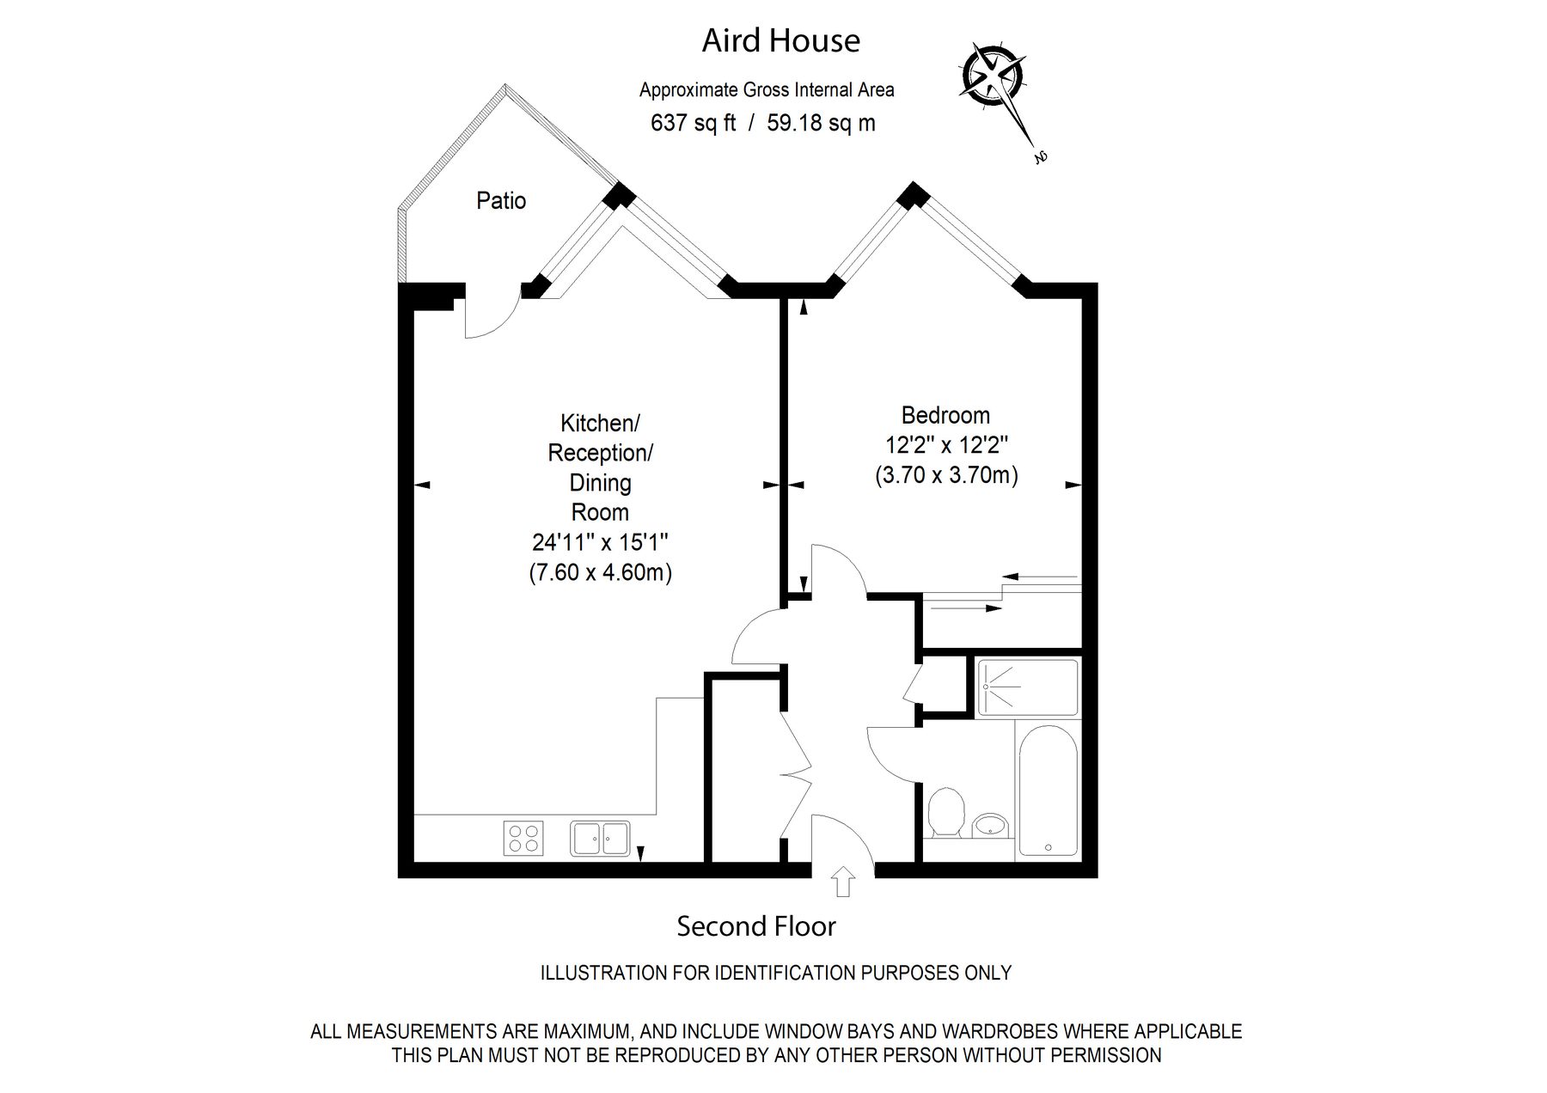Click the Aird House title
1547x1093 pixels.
(x=780, y=40)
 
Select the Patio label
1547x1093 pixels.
(x=501, y=201)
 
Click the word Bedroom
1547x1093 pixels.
(x=945, y=416)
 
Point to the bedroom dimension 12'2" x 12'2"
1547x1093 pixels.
(x=946, y=445)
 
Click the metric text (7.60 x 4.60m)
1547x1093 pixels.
(x=600, y=572)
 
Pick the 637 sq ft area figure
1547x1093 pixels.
(x=693, y=123)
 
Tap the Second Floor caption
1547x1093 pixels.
(x=756, y=926)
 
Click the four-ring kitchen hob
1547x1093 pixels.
(x=523, y=838)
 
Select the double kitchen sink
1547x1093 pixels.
(x=600, y=838)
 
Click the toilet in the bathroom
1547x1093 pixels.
(x=947, y=812)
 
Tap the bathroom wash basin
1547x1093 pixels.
(x=991, y=825)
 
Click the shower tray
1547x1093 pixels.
(x=1028, y=687)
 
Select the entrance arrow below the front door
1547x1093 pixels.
(x=843, y=881)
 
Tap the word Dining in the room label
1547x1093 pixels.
(x=601, y=483)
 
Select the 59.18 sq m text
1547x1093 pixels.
(x=821, y=123)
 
